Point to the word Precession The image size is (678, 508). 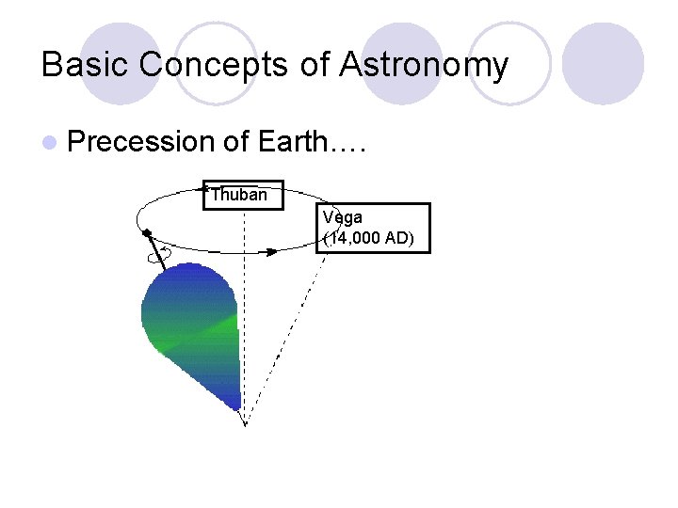[142, 142]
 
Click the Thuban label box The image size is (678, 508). [242, 195]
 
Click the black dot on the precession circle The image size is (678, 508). [146, 232]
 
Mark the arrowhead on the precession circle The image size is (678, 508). [271, 251]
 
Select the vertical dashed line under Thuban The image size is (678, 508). [245, 310]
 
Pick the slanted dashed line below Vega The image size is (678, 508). [292, 329]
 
